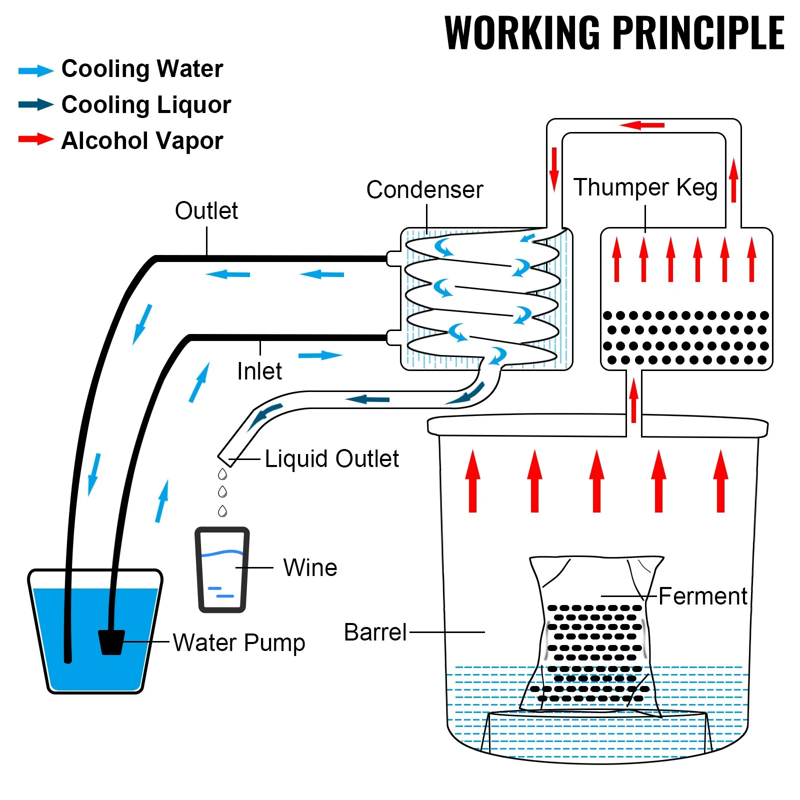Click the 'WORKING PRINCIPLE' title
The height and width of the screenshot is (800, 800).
[x=614, y=33]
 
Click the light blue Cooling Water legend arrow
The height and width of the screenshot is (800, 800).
[x=35, y=70]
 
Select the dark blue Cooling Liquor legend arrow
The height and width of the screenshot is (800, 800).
[x=35, y=104]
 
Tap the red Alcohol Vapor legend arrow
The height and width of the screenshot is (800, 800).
[x=35, y=139]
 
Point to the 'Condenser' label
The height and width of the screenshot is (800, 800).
[x=424, y=190]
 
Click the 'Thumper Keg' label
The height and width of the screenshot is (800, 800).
[x=645, y=187]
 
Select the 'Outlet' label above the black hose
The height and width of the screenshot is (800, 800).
[x=206, y=211]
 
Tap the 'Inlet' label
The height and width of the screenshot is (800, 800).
[x=259, y=371]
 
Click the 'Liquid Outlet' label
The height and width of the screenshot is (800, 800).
[x=331, y=459]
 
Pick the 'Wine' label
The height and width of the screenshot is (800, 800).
[x=310, y=568]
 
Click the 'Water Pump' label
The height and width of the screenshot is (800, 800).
[x=238, y=643]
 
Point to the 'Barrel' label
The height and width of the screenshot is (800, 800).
[x=375, y=632]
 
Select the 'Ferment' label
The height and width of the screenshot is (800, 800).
[x=702, y=596]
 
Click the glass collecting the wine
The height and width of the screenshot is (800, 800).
[x=222, y=570]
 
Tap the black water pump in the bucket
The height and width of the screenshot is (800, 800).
[x=111, y=642]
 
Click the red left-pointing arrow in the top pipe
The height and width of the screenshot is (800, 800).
[x=642, y=125]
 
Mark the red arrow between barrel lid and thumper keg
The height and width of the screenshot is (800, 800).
[x=633, y=400]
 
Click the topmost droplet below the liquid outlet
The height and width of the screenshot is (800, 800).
[x=222, y=473]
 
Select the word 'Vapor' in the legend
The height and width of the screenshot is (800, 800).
[x=192, y=141]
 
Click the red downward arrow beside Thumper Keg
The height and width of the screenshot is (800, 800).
[x=554, y=169]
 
